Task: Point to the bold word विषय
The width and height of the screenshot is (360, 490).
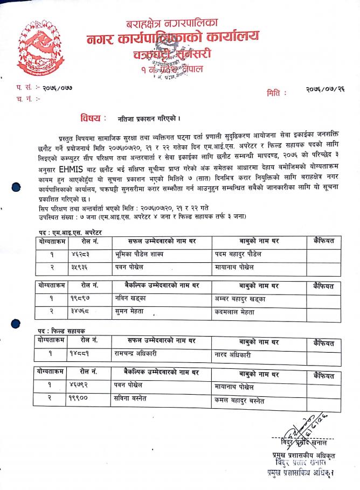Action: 90,117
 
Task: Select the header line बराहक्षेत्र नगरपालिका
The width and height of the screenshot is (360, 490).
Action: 172,23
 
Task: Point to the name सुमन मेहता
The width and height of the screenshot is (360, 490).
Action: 130,312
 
